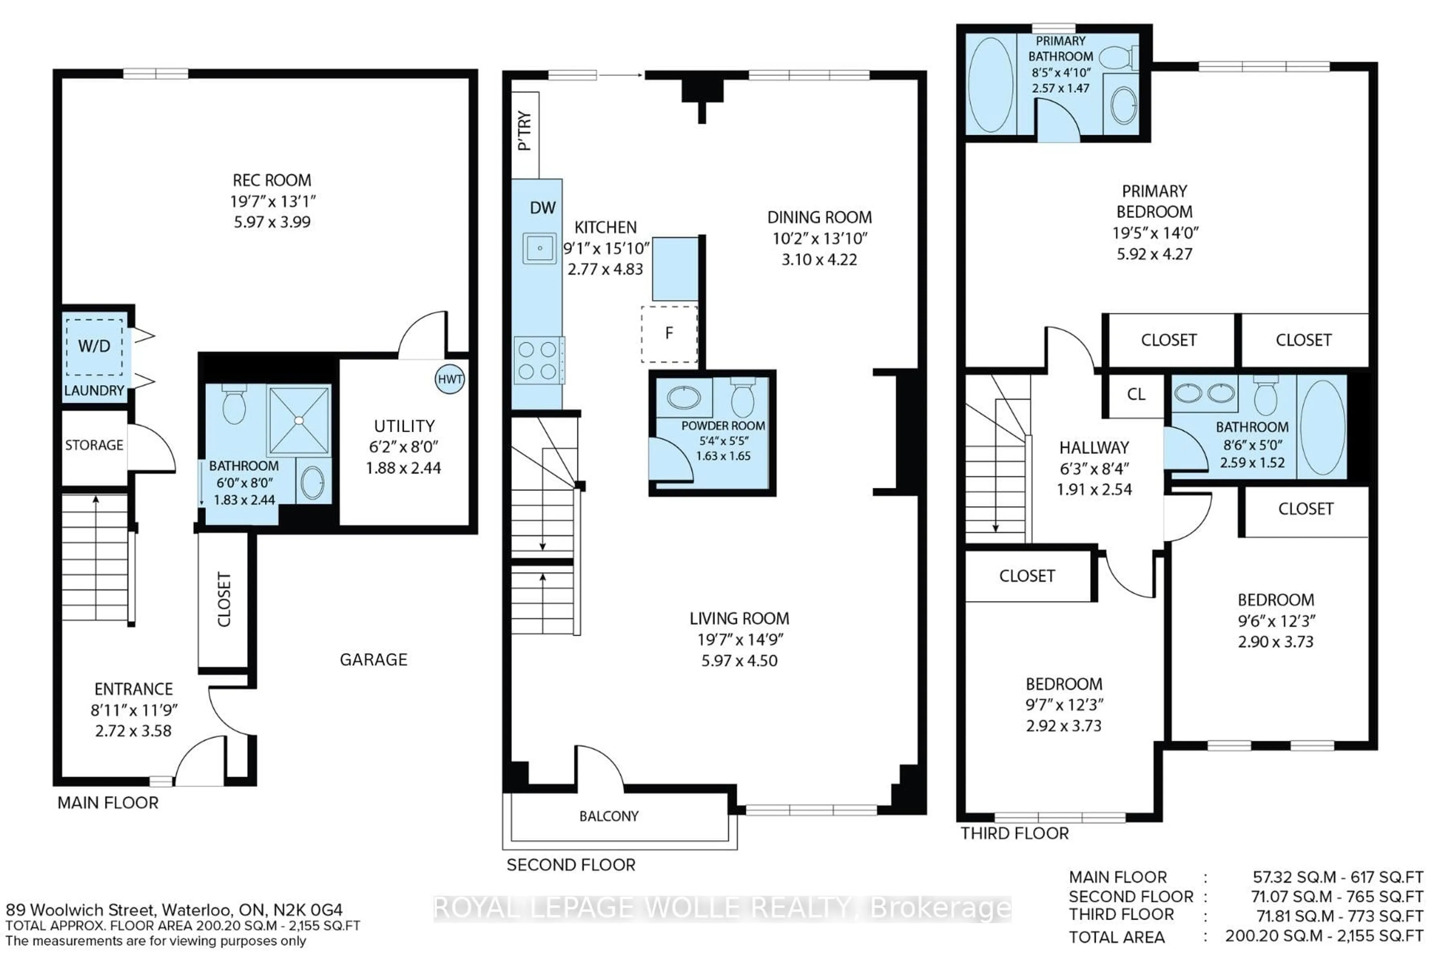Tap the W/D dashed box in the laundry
click(x=94, y=346)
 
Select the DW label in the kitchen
click(x=543, y=208)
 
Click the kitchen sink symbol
click(x=539, y=248)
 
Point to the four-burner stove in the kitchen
click(x=538, y=360)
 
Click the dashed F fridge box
click(x=669, y=334)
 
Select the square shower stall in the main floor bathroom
click(x=298, y=421)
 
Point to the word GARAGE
click(x=374, y=659)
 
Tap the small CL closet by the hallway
click(x=1136, y=394)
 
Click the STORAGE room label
click(x=94, y=445)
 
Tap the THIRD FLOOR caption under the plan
click(x=1015, y=834)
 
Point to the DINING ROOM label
click(x=819, y=217)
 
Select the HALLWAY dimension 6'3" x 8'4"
click(x=1094, y=469)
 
